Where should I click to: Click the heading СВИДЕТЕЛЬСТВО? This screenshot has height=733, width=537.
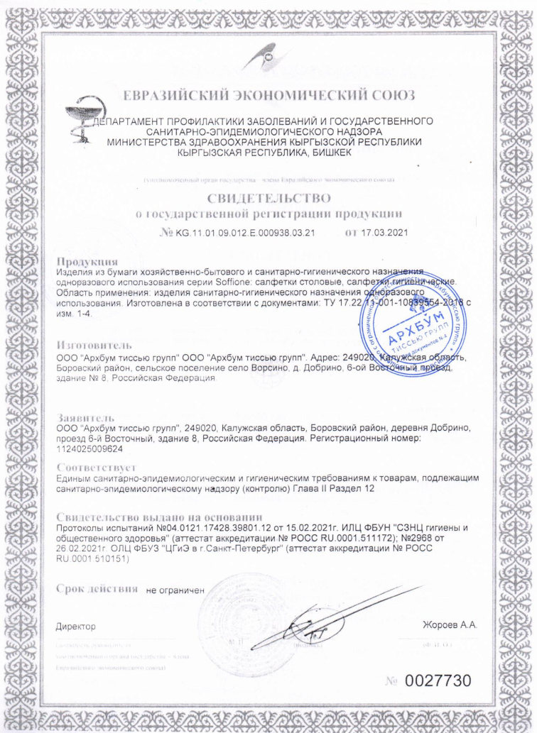pos(268,197)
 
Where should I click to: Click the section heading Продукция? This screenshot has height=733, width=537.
pos(87,262)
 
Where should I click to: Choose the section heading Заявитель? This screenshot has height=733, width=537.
pos(85,418)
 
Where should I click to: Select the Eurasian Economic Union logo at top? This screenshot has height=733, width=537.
pos(269,56)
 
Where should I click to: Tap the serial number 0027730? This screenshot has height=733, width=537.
pos(438,680)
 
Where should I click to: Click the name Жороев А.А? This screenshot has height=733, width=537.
pos(450,625)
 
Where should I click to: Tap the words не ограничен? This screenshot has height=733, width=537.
pos(175,590)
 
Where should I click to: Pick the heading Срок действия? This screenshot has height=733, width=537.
pos(97,589)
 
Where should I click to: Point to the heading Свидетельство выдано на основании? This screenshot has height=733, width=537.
pos(159,517)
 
